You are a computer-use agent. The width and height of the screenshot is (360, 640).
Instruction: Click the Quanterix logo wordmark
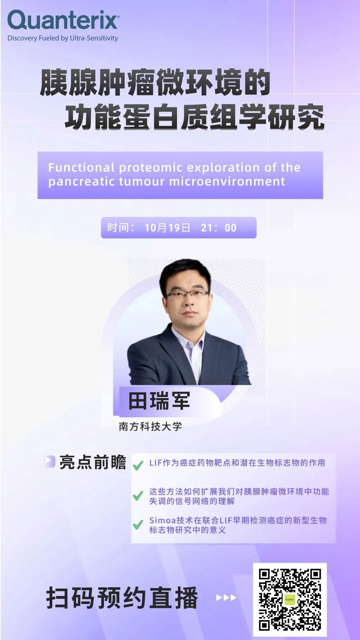point(63,21)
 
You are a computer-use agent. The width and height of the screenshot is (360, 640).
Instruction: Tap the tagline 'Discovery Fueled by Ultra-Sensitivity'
point(63,38)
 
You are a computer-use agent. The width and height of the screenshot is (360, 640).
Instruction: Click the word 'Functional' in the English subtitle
point(81,167)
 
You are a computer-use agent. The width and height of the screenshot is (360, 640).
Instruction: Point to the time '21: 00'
point(219,228)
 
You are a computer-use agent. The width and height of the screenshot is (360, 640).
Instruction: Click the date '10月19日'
point(167,228)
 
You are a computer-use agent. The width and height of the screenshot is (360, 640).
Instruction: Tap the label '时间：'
point(121,228)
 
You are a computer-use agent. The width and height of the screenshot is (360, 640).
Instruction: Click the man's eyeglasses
point(188,294)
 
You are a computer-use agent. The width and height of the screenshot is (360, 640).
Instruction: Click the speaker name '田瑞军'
point(159,401)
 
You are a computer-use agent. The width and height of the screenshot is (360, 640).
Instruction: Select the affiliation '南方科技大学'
point(150,427)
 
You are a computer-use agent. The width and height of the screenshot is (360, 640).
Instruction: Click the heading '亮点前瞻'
point(93,462)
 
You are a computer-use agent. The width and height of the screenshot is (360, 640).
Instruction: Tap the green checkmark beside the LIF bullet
point(138,465)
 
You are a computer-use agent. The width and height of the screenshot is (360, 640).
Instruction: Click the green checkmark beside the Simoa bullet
point(138,525)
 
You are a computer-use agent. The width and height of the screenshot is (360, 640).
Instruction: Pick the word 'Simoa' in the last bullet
point(163,520)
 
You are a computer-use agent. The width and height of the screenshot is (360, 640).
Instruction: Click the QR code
point(290,599)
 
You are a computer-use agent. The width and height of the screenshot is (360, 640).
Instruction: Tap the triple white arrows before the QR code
point(226,598)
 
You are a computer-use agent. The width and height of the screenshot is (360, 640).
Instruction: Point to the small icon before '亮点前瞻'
point(50,462)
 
